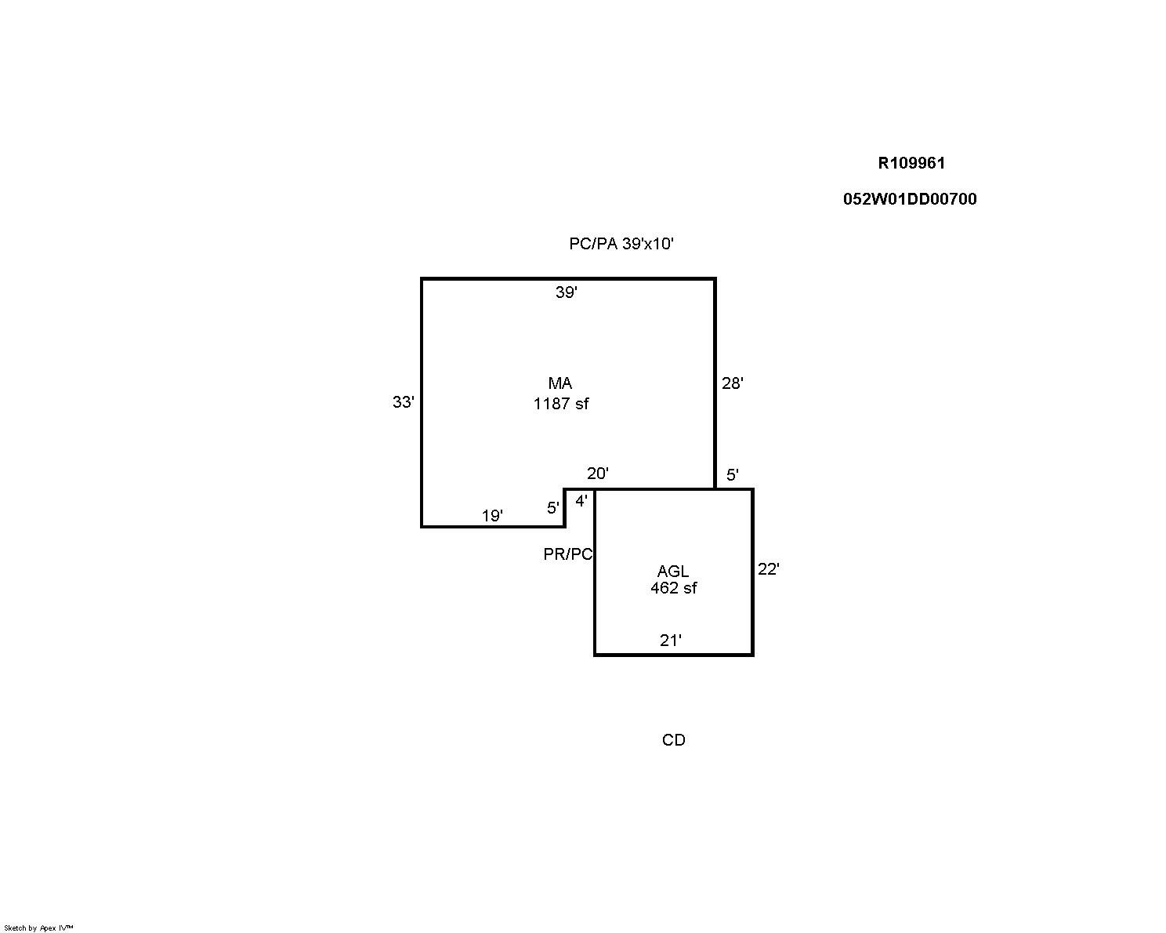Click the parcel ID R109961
(911, 163)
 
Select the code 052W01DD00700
(910, 199)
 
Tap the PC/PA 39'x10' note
(621, 243)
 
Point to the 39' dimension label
(567, 292)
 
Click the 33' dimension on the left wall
(403, 401)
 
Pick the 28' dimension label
(733, 383)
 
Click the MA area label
(560, 383)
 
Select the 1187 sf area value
(561, 403)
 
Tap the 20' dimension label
(598, 474)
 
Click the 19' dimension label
(492, 516)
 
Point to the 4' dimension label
(581, 501)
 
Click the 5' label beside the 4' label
(552, 507)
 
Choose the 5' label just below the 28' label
(732, 475)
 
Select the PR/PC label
(568, 554)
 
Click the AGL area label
(673, 571)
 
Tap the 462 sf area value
(673, 588)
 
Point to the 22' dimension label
(768, 568)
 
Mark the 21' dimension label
(670, 641)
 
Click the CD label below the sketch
(673, 740)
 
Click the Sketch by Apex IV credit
(38, 928)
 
